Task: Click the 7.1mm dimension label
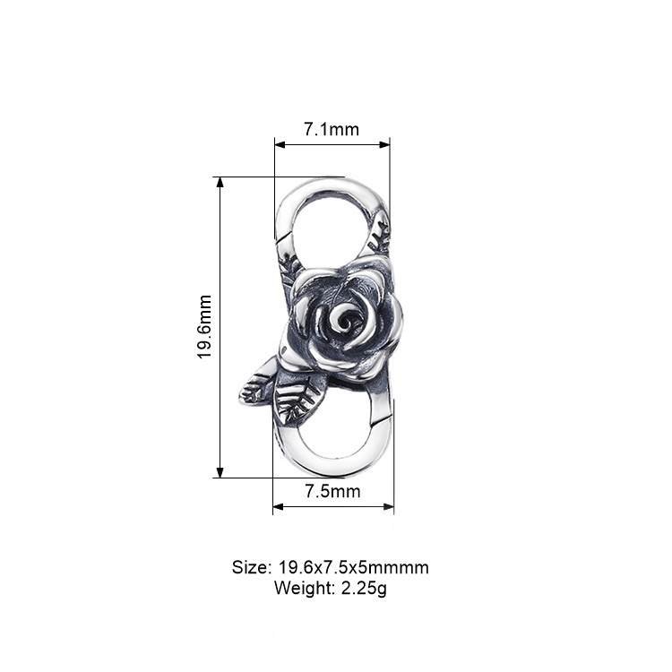click(x=332, y=129)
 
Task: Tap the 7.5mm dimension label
click(x=332, y=491)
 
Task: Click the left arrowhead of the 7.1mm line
click(x=278, y=143)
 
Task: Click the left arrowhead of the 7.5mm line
click(x=277, y=507)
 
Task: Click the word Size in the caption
click(x=250, y=567)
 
